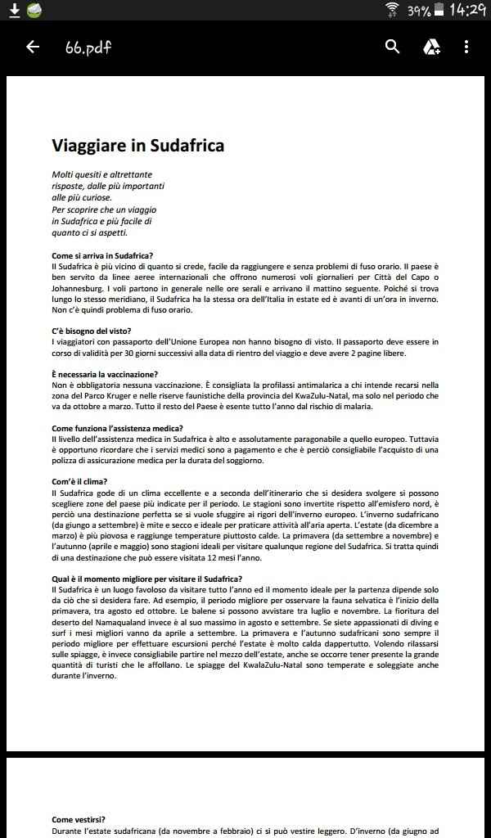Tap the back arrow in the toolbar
click(x=33, y=47)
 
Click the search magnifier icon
click(x=393, y=47)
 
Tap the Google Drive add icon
click(x=431, y=47)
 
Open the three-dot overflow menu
click(x=466, y=47)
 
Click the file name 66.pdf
click(x=88, y=47)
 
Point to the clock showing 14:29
click(x=467, y=11)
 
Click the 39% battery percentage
click(x=419, y=11)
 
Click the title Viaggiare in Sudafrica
click(x=137, y=146)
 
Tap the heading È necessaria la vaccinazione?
click(x=105, y=374)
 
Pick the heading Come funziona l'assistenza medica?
click(x=117, y=428)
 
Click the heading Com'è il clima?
click(x=79, y=481)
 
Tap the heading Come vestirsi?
click(x=79, y=819)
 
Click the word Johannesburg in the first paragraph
click(x=81, y=289)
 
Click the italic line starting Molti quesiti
click(x=102, y=174)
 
